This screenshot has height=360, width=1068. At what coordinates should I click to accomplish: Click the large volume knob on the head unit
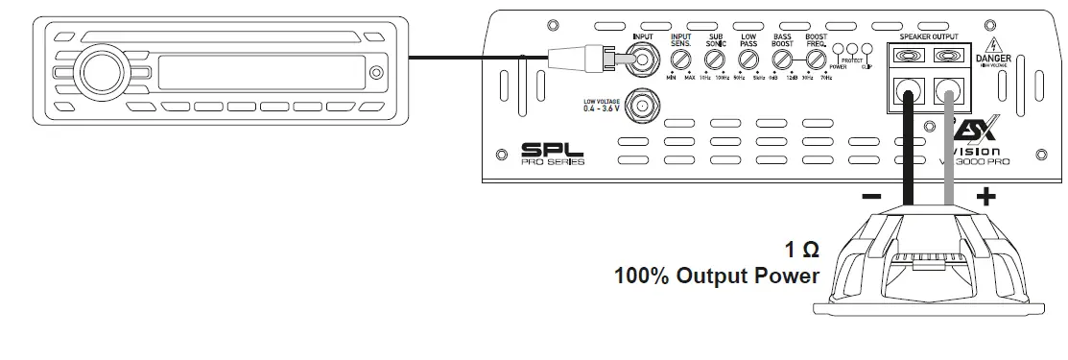(x=100, y=70)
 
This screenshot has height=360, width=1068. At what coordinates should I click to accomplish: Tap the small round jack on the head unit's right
(x=376, y=71)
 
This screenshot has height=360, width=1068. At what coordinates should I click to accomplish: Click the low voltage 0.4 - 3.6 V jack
(x=636, y=103)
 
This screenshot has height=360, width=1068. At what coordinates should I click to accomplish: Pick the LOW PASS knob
(x=748, y=60)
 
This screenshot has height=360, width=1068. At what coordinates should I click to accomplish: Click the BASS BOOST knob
(x=782, y=60)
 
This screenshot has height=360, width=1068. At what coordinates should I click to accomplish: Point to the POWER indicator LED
(x=839, y=51)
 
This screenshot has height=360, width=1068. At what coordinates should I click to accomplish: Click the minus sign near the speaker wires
(x=871, y=197)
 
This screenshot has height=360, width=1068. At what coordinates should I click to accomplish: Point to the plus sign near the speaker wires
(x=986, y=197)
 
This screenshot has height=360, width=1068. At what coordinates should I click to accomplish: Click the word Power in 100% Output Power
(x=786, y=276)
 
